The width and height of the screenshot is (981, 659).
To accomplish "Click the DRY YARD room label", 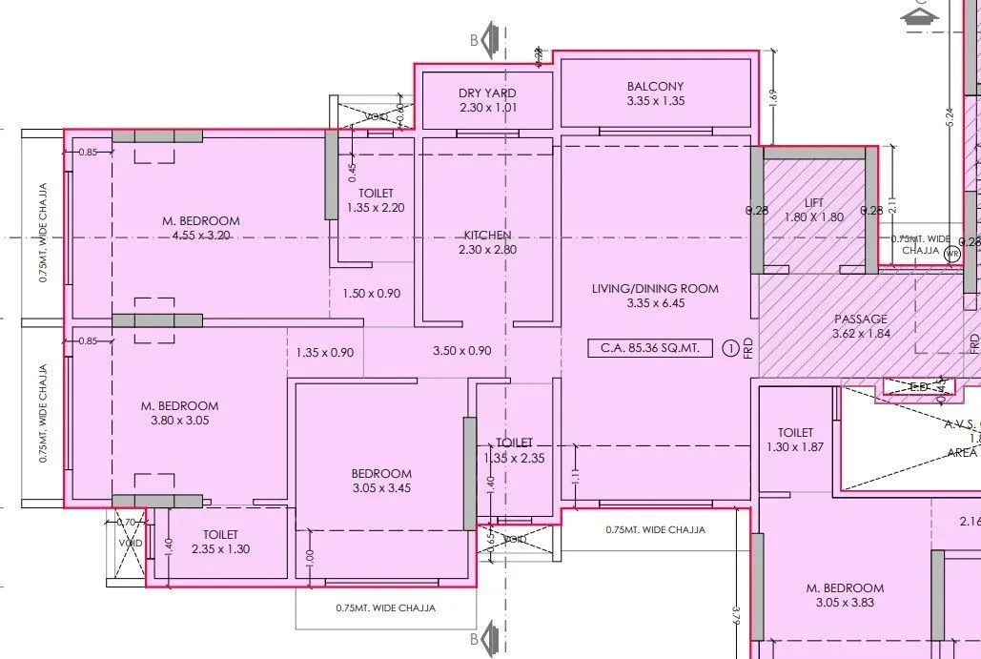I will click(x=486, y=93).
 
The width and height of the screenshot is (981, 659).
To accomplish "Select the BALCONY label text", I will click(x=655, y=87).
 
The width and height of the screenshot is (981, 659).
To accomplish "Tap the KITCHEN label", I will click(x=487, y=235).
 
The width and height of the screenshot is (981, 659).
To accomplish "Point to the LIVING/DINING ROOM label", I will click(x=655, y=288).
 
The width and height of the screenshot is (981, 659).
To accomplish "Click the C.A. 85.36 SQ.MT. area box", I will click(x=649, y=348).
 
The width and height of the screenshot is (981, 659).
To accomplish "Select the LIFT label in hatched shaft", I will click(x=813, y=202).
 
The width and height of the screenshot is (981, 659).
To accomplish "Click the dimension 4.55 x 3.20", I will click(x=200, y=235).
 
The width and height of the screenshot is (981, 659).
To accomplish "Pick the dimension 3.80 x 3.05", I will click(x=179, y=420).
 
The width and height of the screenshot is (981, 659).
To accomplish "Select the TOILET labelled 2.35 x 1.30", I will click(x=220, y=542).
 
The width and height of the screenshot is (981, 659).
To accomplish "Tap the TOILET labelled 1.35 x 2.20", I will click(x=376, y=200).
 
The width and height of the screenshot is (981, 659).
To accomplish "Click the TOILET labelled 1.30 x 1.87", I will click(x=794, y=440).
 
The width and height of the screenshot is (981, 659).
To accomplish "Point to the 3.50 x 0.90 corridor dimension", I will click(x=461, y=351).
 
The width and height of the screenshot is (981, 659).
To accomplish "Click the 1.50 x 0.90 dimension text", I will click(x=372, y=294).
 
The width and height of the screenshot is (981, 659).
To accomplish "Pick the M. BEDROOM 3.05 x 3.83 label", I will click(x=844, y=595).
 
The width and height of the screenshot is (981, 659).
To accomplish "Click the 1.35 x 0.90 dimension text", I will click(x=324, y=352).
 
